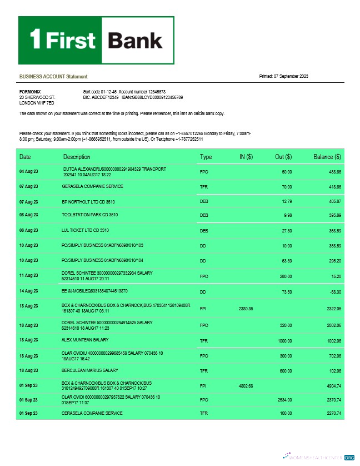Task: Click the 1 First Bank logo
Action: coord(97,40)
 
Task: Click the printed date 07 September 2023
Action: coord(291,76)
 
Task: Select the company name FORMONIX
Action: coord(29,91)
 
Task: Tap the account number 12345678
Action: coord(154,91)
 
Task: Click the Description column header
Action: coord(77,157)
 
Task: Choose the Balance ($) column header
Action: coord(327,157)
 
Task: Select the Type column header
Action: coord(206,157)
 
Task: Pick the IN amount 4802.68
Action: coord(246,385)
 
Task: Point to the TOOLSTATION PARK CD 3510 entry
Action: coord(89,215)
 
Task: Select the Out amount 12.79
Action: coord(287,201)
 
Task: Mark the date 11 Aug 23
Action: coord(28,275)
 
